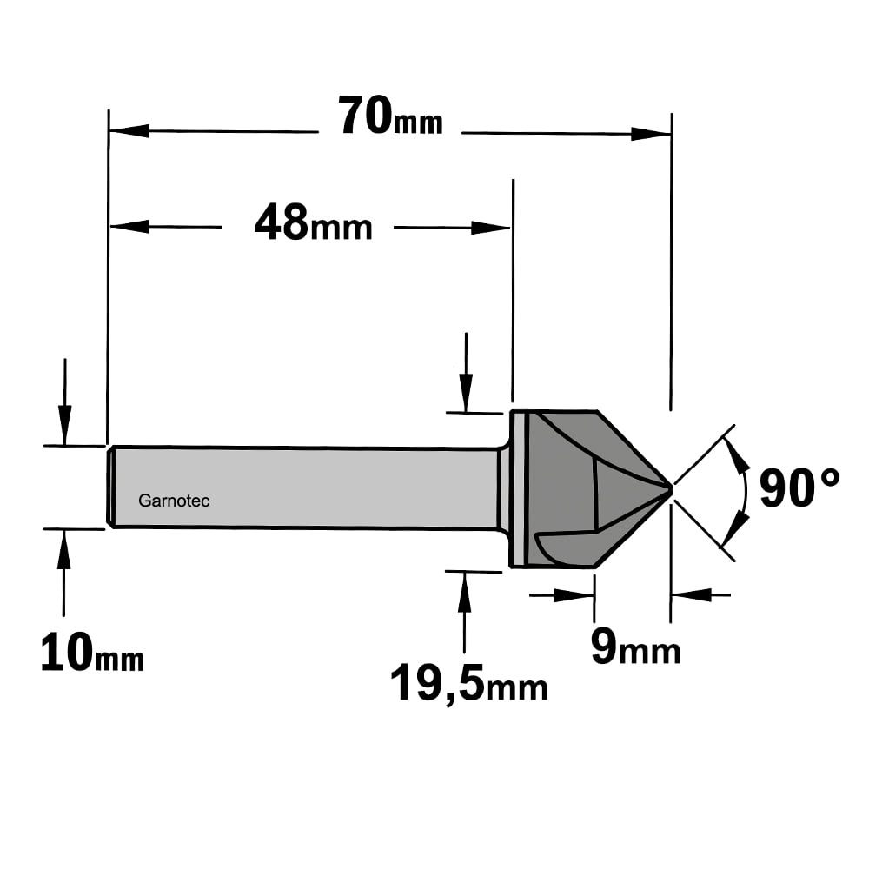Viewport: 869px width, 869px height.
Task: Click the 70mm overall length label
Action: (390, 116)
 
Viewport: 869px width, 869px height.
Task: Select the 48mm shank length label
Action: (313, 222)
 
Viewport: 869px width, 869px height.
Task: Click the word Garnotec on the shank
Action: (174, 501)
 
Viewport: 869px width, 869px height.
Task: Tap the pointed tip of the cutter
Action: (671, 488)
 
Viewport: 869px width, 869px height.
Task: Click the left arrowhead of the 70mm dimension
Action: (129, 131)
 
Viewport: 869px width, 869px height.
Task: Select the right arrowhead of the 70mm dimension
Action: (651, 134)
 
